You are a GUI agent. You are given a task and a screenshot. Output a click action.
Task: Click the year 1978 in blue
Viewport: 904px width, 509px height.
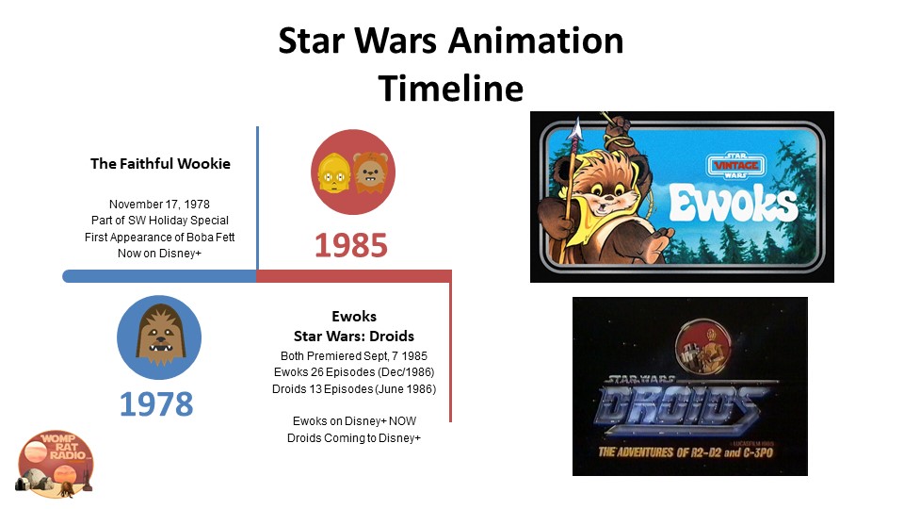pyautogui.click(x=156, y=404)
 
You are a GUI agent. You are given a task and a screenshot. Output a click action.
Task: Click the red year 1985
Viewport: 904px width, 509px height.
pyautogui.click(x=351, y=245)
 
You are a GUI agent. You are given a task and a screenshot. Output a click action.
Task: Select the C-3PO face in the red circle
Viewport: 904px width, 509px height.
pyautogui.click(x=333, y=172)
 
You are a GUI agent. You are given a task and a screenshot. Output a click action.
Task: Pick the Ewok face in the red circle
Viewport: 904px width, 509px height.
pyautogui.click(x=371, y=172)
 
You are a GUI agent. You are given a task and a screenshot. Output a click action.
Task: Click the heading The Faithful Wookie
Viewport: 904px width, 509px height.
pyautogui.click(x=160, y=164)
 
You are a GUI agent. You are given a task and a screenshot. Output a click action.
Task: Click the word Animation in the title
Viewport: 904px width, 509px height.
pyautogui.click(x=536, y=41)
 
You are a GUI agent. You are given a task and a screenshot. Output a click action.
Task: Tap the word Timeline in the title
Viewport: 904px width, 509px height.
pyautogui.click(x=451, y=89)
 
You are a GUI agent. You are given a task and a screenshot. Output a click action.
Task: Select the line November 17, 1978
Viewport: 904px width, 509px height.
pyautogui.click(x=160, y=205)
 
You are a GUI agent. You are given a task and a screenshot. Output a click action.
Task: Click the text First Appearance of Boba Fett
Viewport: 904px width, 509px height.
pyautogui.click(x=160, y=238)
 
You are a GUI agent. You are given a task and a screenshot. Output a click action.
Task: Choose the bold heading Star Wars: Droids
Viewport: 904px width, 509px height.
pyautogui.click(x=354, y=336)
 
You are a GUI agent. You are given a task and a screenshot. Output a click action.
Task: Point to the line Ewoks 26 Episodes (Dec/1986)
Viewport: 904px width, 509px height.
pyautogui.click(x=354, y=372)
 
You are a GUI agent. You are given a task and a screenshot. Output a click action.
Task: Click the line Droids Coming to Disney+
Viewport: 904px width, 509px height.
pyautogui.click(x=354, y=438)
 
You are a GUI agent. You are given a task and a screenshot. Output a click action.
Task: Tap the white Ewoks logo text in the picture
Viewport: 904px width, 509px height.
pyautogui.click(x=734, y=204)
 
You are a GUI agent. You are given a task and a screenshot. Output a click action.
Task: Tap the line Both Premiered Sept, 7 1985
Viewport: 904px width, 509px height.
pyautogui.click(x=354, y=356)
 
